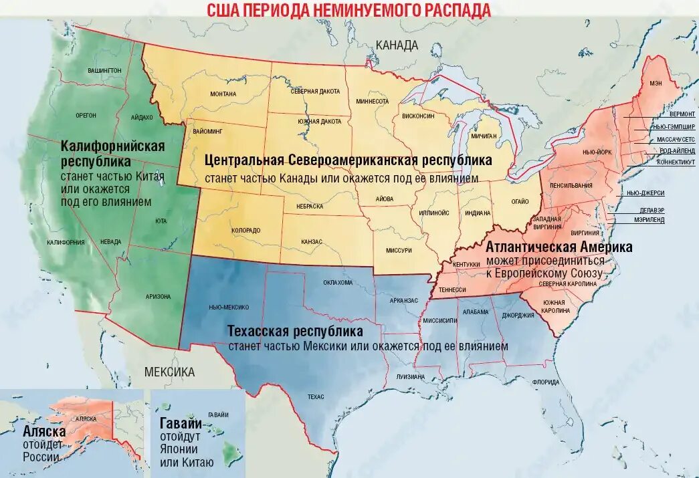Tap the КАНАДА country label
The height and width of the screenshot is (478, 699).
click(397, 45)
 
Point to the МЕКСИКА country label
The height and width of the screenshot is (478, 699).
click(169, 372)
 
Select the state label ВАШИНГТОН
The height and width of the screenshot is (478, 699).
click(104, 70)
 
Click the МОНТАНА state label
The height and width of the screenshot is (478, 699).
click(223, 94)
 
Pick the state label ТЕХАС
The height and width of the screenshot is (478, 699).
click(316, 396)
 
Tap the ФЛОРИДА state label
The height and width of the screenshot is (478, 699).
click(546, 382)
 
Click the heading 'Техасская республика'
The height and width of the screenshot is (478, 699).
click(295, 332)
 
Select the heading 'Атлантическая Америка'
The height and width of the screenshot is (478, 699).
click(559, 247)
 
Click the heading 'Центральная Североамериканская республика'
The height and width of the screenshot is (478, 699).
click(348, 160)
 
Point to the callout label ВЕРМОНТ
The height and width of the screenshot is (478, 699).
click(682, 114)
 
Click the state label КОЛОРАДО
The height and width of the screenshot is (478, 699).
click(245, 230)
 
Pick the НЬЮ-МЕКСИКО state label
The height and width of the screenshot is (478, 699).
click(229, 307)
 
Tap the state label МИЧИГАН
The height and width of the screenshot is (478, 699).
click(484, 136)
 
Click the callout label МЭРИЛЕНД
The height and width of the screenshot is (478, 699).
click(649, 219)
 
